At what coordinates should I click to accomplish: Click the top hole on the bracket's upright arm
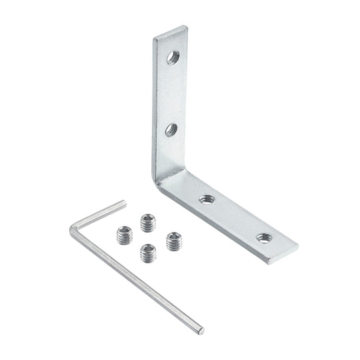[172, 57]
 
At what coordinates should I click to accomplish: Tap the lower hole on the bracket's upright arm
[171, 129]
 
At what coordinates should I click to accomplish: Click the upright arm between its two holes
[171, 93]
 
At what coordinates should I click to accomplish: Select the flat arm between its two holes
[235, 218]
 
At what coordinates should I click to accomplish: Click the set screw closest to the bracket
[174, 241]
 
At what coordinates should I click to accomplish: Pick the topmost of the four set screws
[147, 221]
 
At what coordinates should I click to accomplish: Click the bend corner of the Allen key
[73, 230]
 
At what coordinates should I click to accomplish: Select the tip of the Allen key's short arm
[123, 203]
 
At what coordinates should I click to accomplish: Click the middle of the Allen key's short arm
[98, 216]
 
